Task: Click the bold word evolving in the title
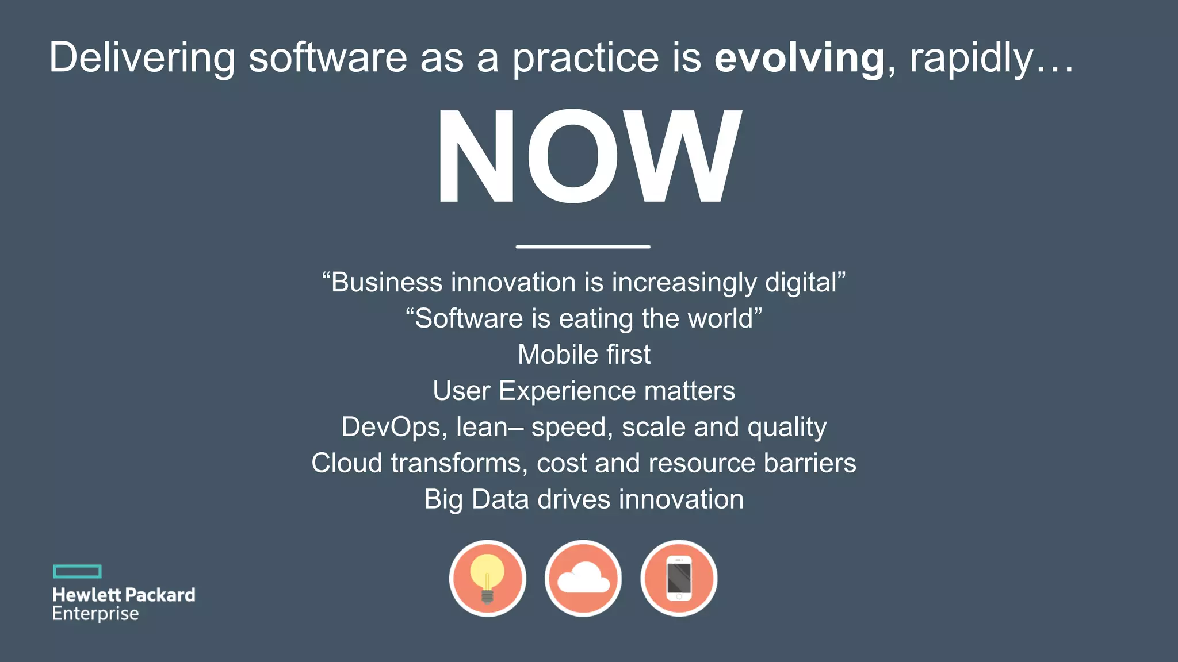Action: point(799,58)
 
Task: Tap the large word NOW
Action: point(588,156)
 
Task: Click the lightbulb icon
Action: point(487,578)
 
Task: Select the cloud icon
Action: point(583,578)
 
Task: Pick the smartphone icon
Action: point(679,578)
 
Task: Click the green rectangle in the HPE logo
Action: point(77,571)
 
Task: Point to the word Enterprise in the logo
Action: point(95,614)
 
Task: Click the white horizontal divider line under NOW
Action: point(583,247)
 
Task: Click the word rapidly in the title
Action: point(972,58)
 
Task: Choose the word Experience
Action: point(567,391)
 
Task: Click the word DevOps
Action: point(391,427)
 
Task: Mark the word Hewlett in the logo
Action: point(86,595)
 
